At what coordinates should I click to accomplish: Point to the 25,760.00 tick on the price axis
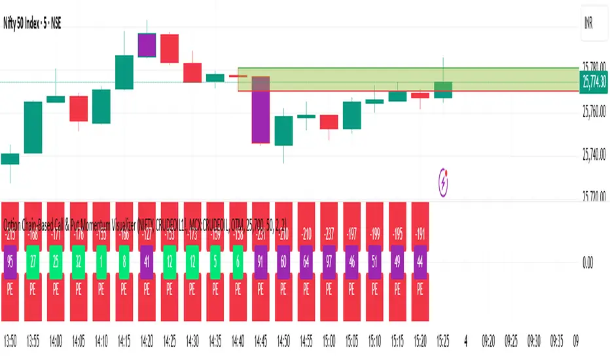click(594, 111)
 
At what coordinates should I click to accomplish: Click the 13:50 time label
click(10, 342)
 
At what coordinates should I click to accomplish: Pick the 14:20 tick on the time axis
click(147, 342)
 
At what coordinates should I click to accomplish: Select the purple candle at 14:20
click(147, 45)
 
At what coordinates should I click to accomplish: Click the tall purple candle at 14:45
click(261, 109)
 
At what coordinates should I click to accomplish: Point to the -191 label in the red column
click(420, 235)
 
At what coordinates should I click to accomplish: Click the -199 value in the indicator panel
click(374, 235)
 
